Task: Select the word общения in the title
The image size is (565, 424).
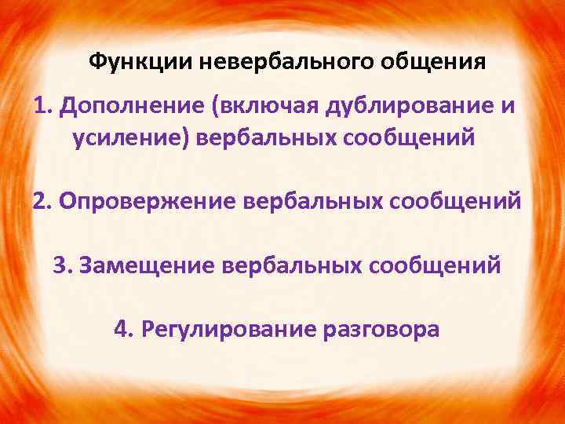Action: (430, 60)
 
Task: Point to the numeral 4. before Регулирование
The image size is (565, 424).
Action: (123, 329)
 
